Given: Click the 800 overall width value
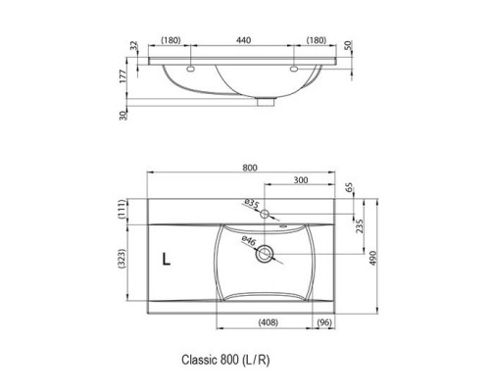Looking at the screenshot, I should [x=250, y=168].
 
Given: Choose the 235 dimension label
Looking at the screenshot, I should [x=361, y=226].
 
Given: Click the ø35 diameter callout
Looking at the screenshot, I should [x=251, y=205].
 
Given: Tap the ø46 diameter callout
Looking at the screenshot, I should [x=249, y=241].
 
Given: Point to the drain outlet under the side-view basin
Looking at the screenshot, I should [x=265, y=99].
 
